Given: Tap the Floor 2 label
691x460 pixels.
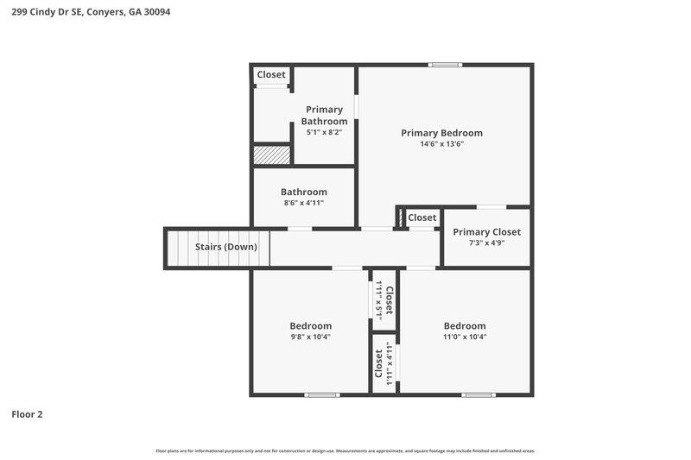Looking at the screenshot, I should pyautogui.click(x=27, y=414).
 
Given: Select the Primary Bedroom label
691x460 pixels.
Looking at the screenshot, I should pyautogui.click(x=441, y=133).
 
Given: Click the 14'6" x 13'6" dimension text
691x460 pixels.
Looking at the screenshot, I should pyautogui.click(x=441, y=144).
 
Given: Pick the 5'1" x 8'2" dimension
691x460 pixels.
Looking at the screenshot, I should pyautogui.click(x=324, y=133).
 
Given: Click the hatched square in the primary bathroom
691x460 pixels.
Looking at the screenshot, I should pyautogui.click(x=271, y=154).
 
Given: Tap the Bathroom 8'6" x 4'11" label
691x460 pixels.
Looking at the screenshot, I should pyautogui.click(x=304, y=192).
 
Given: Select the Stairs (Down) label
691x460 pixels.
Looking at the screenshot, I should pyautogui.click(x=225, y=247).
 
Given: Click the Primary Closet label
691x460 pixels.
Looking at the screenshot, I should pyautogui.click(x=486, y=232).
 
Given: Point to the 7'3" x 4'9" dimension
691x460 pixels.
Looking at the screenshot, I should pyautogui.click(x=486, y=243).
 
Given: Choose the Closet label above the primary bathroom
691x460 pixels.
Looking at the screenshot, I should pyautogui.click(x=271, y=75).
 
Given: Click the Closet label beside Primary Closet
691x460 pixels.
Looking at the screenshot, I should pyautogui.click(x=422, y=217).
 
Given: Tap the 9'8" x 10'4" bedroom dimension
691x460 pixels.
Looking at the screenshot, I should pyautogui.click(x=310, y=337).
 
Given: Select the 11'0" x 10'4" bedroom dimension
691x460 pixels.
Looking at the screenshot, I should pyautogui.click(x=465, y=337).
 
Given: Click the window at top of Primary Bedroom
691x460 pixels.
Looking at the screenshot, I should pyautogui.click(x=446, y=65).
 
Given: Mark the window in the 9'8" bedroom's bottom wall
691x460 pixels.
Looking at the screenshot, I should pyautogui.click(x=322, y=394).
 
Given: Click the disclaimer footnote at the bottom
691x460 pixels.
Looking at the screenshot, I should pyautogui.click(x=345, y=451).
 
